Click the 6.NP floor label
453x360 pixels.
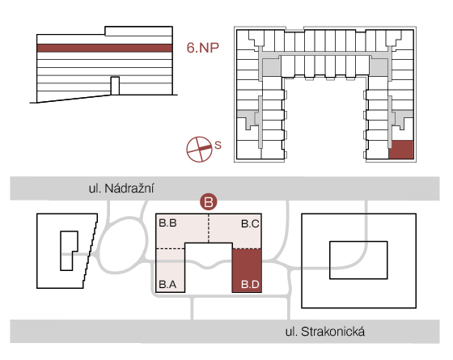(x=202, y=48)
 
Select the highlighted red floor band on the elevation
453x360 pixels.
(x=104, y=48)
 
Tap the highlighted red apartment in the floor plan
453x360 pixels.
(x=401, y=150)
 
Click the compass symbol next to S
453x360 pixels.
(x=199, y=149)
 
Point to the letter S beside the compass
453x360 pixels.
(x=218, y=145)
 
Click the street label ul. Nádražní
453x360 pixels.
(x=121, y=188)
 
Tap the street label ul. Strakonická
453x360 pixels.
(x=325, y=332)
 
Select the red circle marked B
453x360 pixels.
(x=209, y=201)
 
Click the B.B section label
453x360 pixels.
(x=168, y=223)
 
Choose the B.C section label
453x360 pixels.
(x=250, y=223)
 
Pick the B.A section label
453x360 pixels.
(x=168, y=285)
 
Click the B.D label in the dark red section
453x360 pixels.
(x=250, y=285)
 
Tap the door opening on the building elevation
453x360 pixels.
(x=115, y=86)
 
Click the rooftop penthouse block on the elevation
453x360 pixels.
(x=138, y=32)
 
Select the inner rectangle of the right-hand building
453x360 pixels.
(x=358, y=260)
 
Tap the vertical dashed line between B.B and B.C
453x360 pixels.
(x=209, y=228)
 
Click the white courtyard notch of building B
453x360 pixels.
(x=209, y=268)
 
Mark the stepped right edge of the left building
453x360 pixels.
(x=91, y=251)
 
